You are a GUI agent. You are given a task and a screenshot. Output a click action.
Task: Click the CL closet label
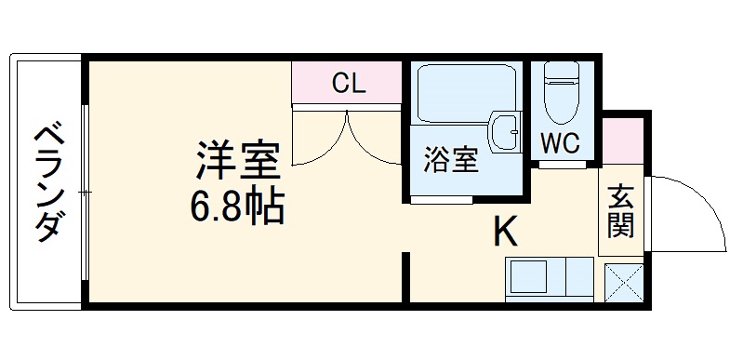point(348,83)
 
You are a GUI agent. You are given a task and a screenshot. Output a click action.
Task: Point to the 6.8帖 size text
point(237,207)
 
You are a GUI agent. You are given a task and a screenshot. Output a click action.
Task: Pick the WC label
point(561,144)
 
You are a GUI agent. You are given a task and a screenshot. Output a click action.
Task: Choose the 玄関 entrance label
point(620,212)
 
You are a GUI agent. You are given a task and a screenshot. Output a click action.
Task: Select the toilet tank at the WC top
point(561,73)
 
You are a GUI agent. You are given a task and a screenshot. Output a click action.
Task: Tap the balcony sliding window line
point(85,191)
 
